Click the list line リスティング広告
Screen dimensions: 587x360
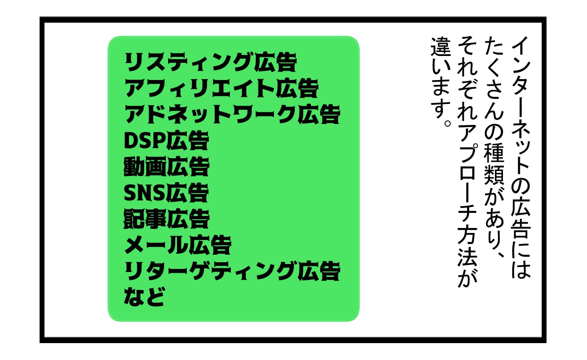(210, 62)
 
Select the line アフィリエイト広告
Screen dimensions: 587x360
(221, 88)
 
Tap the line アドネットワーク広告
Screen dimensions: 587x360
(232, 114)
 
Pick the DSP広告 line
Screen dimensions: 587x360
(166, 140)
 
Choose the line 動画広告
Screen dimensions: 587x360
(166, 167)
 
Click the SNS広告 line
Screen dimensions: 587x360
(166, 193)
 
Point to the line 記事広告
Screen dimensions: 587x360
(166, 219)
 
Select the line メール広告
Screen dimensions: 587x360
(178, 245)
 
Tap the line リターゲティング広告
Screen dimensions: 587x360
(232, 271)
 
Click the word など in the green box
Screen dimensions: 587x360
(145, 296)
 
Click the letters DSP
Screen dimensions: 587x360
(145, 140)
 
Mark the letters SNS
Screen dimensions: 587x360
(145, 193)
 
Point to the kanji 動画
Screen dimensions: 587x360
(145, 167)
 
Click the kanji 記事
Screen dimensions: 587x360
(145, 219)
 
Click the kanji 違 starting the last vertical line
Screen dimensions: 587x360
(440, 47)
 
